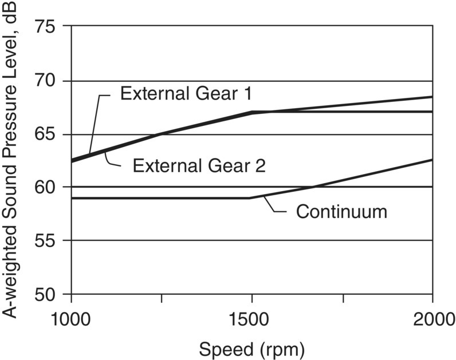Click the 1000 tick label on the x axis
click(x=70, y=318)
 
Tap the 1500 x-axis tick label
click(x=252, y=318)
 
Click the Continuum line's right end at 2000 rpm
click(x=432, y=160)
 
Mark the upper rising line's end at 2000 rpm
click(x=432, y=97)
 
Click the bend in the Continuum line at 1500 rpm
click(x=251, y=198)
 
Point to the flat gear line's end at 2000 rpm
click(x=432, y=112)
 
